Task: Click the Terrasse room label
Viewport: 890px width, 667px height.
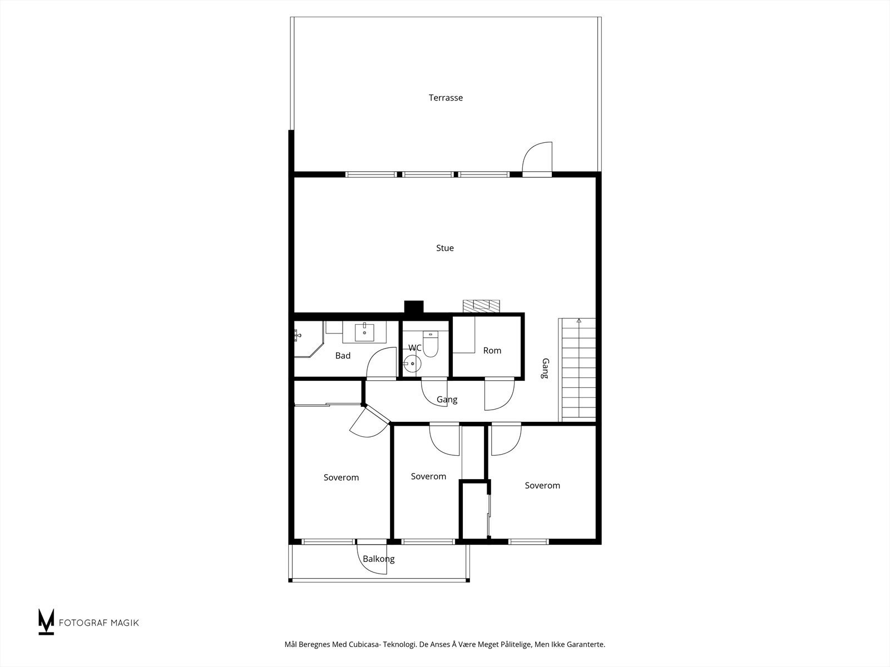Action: [x=446, y=98]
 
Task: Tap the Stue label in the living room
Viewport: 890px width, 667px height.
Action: [x=445, y=248]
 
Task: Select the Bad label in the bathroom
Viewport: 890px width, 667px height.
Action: [x=343, y=356]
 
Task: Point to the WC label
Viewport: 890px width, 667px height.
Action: [x=415, y=348]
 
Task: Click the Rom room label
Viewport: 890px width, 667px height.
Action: [x=492, y=350]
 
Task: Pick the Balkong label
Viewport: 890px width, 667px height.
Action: [x=378, y=559]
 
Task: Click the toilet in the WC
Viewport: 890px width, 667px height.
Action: [x=430, y=344]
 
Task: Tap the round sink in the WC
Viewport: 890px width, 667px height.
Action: [x=412, y=364]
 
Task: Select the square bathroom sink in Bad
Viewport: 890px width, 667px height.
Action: [x=364, y=332]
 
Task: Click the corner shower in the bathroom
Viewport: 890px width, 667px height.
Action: [x=308, y=340]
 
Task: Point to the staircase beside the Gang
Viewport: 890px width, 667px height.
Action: [x=577, y=370]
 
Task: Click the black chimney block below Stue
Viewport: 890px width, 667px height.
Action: [x=414, y=307]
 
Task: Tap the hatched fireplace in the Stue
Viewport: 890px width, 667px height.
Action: [x=481, y=306]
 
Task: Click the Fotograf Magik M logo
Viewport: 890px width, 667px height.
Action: [x=46, y=621]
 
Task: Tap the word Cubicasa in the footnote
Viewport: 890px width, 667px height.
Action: [x=364, y=644]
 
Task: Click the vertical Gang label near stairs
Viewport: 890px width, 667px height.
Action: [x=545, y=368]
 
